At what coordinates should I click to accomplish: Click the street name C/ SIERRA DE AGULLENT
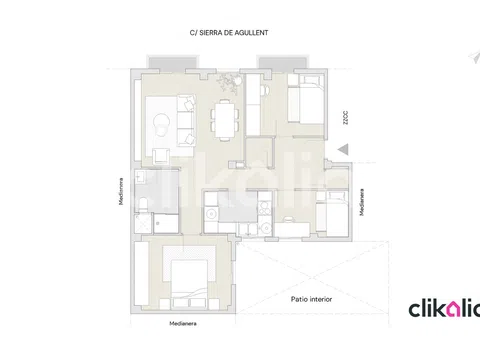click(229, 33)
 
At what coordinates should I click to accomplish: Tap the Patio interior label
click(311, 299)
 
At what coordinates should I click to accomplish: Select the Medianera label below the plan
click(183, 323)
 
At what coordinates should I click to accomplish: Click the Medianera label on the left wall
click(121, 191)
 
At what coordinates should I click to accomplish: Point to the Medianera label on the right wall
click(362, 202)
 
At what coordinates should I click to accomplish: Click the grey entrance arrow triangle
click(343, 149)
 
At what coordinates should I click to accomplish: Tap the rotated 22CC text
click(345, 118)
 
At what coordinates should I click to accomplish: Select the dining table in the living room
click(225, 120)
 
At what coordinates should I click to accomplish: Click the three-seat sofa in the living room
click(186, 120)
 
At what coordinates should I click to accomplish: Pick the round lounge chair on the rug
click(162, 125)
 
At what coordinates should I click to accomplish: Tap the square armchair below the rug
click(161, 156)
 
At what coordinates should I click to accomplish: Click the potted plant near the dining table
click(229, 81)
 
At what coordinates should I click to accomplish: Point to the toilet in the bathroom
click(142, 204)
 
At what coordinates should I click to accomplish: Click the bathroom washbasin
click(140, 177)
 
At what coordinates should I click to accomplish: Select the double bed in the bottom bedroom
click(189, 283)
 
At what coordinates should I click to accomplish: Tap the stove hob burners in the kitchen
click(265, 209)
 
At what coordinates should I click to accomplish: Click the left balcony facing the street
click(173, 63)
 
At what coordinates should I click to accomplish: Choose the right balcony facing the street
click(283, 63)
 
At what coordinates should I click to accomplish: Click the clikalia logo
click(444, 309)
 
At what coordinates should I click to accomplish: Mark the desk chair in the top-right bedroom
click(265, 90)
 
